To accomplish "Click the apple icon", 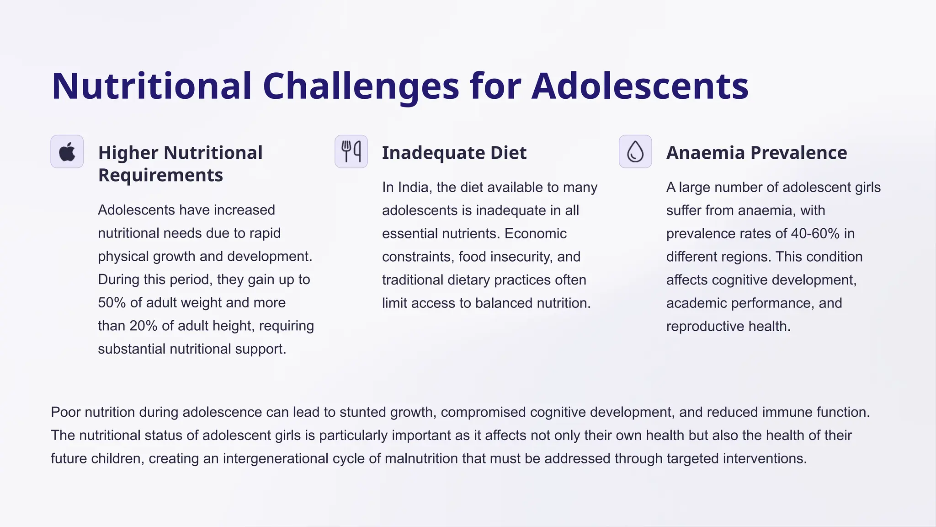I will (x=67, y=151).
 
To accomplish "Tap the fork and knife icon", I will (x=351, y=151).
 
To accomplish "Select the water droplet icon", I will (x=635, y=151).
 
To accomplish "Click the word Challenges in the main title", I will (x=361, y=86).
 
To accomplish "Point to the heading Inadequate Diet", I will (x=454, y=153).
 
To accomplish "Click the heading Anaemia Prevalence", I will (x=756, y=153).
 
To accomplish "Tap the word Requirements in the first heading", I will (x=160, y=175).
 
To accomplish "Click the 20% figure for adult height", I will (x=144, y=326).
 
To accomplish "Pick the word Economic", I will (x=536, y=234).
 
